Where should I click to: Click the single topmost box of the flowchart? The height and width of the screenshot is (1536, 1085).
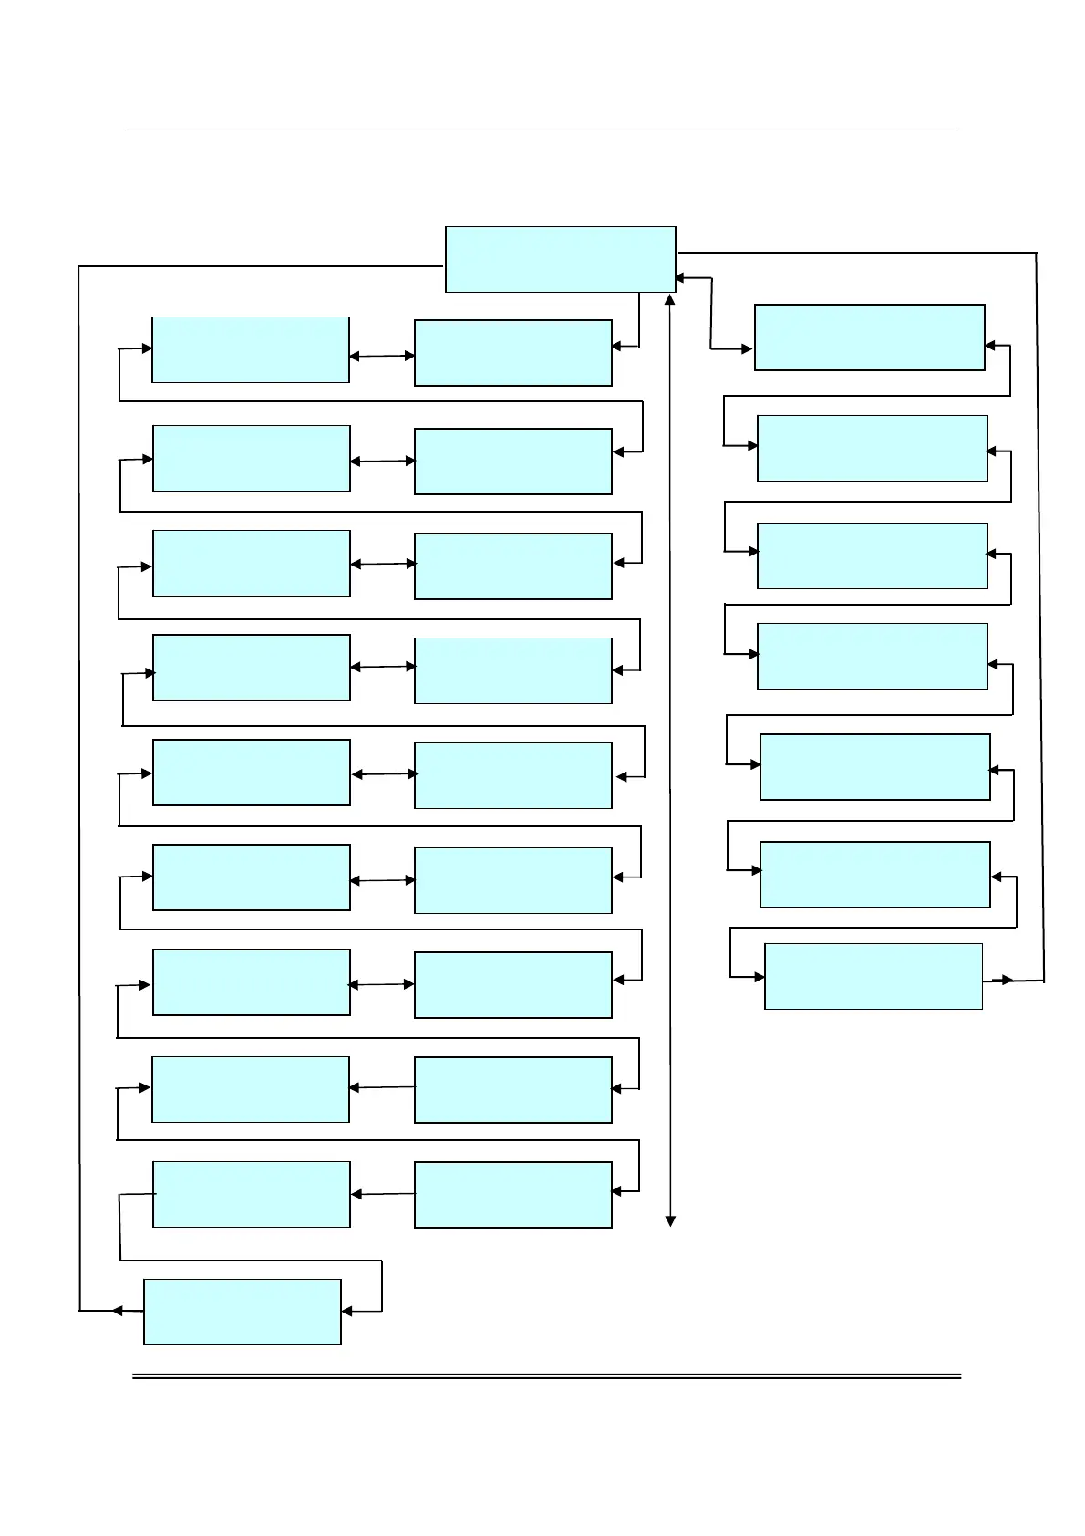tap(560, 259)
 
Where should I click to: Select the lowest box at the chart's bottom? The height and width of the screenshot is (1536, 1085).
tap(243, 1312)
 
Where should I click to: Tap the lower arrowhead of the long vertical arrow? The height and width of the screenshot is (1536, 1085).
tap(670, 1220)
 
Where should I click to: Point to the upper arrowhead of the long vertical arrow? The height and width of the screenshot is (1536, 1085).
tap(670, 299)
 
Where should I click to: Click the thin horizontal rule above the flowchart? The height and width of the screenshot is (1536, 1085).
tap(541, 130)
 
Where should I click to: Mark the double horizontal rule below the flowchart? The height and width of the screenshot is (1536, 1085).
tap(547, 1375)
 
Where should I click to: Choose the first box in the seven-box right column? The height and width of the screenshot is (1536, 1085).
tap(869, 337)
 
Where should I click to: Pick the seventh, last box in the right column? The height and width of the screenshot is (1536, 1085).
tap(873, 976)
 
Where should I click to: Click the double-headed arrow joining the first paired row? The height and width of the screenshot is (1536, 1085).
tap(382, 356)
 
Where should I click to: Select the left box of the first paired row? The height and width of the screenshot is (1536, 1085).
tap(251, 349)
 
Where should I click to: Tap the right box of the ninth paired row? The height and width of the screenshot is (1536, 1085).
tap(512, 1195)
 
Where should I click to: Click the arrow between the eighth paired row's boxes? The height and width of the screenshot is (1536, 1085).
tap(382, 1087)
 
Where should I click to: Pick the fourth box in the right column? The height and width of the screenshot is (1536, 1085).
tap(872, 656)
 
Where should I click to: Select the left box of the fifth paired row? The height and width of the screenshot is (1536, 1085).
tap(252, 773)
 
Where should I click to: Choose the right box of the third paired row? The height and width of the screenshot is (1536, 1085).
tap(512, 566)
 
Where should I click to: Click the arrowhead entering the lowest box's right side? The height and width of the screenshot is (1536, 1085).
tap(347, 1312)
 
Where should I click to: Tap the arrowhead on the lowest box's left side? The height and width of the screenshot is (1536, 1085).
tap(118, 1311)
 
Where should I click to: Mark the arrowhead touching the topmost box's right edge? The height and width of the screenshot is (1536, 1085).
tap(680, 277)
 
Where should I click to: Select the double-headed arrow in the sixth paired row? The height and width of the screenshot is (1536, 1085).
tap(382, 880)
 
